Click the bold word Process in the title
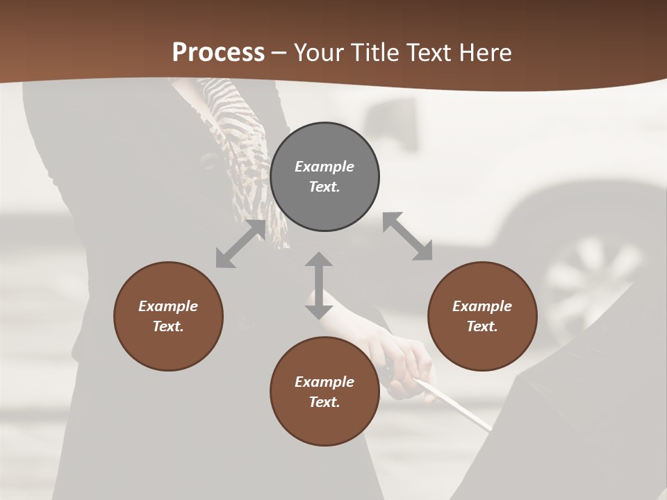point(218,53)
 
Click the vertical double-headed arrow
point(319,285)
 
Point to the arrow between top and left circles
point(240,244)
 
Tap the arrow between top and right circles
point(408,236)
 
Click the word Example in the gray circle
point(324,167)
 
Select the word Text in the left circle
point(168,326)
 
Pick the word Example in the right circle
point(482,306)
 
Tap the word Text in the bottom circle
point(324,402)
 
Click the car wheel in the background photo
point(591,278)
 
